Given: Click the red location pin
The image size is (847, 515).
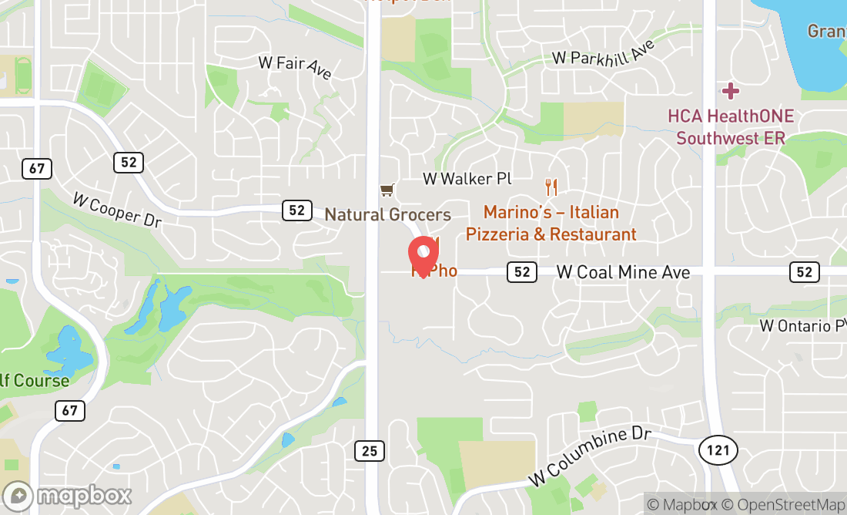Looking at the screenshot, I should pyautogui.click(x=423, y=255).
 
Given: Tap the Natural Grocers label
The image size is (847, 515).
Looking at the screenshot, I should pyautogui.click(x=387, y=214).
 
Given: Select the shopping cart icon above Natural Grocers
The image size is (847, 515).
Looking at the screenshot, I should pyautogui.click(x=387, y=190).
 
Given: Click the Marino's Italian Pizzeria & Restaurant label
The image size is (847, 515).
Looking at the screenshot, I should pyautogui.click(x=551, y=223).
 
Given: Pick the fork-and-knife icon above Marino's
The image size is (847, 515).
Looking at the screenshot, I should pyautogui.click(x=551, y=187).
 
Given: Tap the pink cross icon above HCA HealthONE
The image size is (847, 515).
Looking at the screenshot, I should pyautogui.click(x=730, y=92).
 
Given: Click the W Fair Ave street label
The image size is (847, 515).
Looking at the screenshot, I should pyautogui.click(x=295, y=66).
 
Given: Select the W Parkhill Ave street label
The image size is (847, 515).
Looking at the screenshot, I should pyautogui.click(x=604, y=53).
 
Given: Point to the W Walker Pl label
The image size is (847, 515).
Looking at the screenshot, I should pyautogui.click(x=467, y=179).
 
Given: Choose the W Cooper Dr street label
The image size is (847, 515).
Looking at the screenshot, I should pyautogui.click(x=117, y=209).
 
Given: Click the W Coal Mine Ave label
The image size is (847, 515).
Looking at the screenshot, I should pyautogui.click(x=623, y=272).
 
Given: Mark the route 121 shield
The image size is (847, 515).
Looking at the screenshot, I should pyautogui.click(x=719, y=449).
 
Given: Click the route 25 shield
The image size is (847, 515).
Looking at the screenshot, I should pyautogui.click(x=370, y=450).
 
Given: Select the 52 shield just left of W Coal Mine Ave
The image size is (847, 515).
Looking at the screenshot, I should pyautogui.click(x=522, y=271).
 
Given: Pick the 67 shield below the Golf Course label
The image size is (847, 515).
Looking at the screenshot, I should pyautogui.click(x=69, y=410).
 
